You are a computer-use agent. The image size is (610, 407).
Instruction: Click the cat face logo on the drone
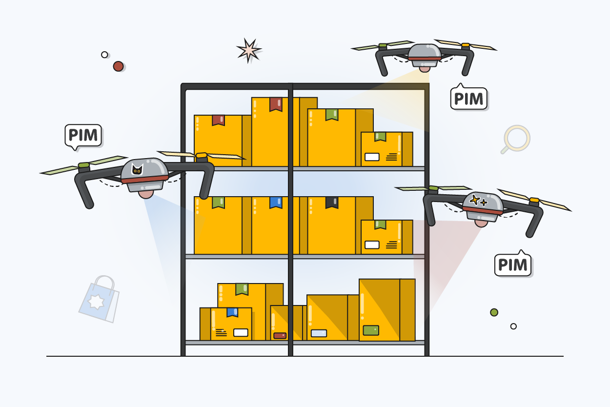tap(138, 170)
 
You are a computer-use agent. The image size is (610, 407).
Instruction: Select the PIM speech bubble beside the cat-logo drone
tap(83, 135)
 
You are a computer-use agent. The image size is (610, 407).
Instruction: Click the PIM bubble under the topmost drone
tap(469, 99)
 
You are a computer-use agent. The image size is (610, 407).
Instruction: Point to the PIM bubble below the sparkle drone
tap(513, 265)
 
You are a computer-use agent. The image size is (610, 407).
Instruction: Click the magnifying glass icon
tap(516, 138)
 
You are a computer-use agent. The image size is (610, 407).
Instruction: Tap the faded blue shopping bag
tap(100, 299)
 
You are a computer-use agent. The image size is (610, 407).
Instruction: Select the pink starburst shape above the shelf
tap(248, 50)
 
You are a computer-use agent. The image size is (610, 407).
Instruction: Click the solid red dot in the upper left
tap(118, 66)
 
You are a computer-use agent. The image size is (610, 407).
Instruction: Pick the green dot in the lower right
tap(494, 312)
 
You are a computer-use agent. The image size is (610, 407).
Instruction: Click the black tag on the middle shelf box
tap(332, 202)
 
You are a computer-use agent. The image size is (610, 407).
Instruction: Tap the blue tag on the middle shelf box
tap(276, 202)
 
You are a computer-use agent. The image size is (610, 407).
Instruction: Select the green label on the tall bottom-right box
tap(371, 330)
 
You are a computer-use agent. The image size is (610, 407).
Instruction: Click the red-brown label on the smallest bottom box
tap(280, 336)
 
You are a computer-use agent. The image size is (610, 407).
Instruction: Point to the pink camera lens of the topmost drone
tap(425, 68)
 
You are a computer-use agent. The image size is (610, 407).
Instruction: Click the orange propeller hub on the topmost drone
tap(465, 45)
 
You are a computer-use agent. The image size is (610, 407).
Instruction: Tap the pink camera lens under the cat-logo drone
tap(145, 193)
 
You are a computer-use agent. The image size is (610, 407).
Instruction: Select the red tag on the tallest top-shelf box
tap(276, 103)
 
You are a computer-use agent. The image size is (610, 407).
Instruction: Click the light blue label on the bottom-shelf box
tap(319, 333)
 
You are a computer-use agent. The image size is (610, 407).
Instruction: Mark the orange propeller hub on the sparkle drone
tap(534, 200)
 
